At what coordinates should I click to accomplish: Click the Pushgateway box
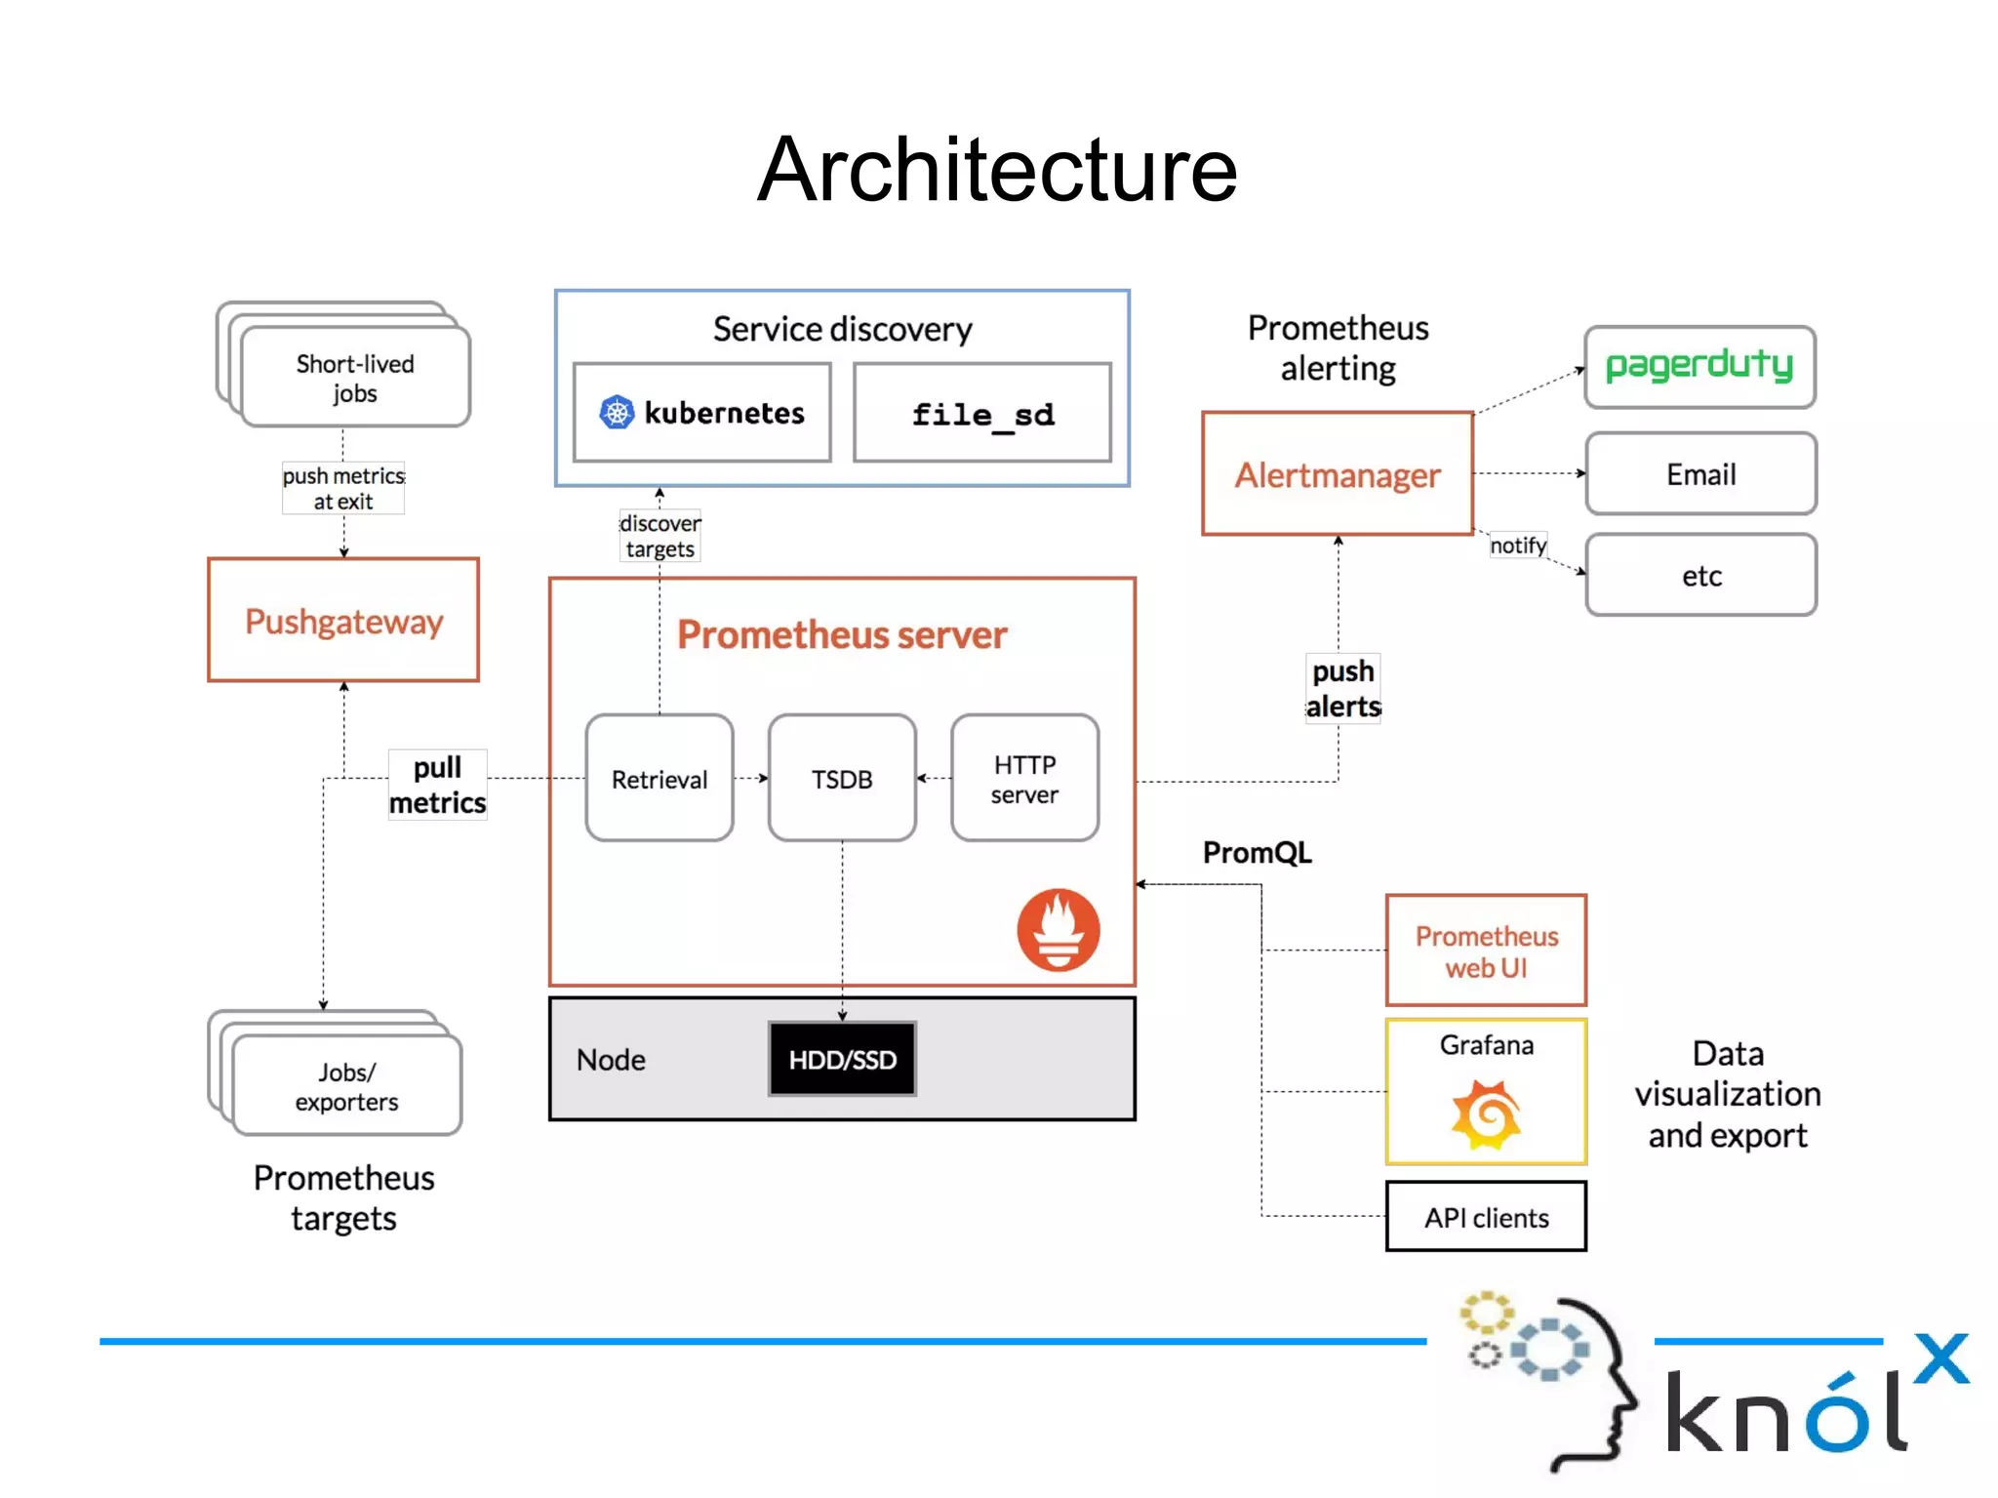(x=343, y=620)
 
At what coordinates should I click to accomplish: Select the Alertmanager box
(x=1337, y=474)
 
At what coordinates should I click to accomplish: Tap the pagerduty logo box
(x=1699, y=367)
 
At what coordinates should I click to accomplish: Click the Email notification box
(x=1700, y=474)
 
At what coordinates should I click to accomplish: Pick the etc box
(x=1700, y=575)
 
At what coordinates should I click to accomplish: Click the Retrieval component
(x=659, y=779)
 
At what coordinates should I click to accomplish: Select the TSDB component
(x=842, y=779)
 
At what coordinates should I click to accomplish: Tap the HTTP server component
(x=1024, y=779)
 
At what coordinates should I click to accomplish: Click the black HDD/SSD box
(x=842, y=1059)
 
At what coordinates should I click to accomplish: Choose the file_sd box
(x=982, y=414)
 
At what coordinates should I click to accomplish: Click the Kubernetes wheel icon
(x=617, y=413)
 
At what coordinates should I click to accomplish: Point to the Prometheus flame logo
(x=1059, y=929)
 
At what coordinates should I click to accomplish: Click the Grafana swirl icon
(x=1486, y=1113)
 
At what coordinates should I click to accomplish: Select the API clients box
(x=1486, y=1217)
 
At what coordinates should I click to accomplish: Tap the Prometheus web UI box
(x=1486, y=951)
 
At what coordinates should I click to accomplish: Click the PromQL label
(x=1257, y=853)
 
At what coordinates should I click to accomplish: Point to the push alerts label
(x=1343, y=689)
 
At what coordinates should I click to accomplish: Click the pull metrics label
(x=437, y=785)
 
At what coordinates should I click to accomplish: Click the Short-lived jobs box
(x=355, y=378)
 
